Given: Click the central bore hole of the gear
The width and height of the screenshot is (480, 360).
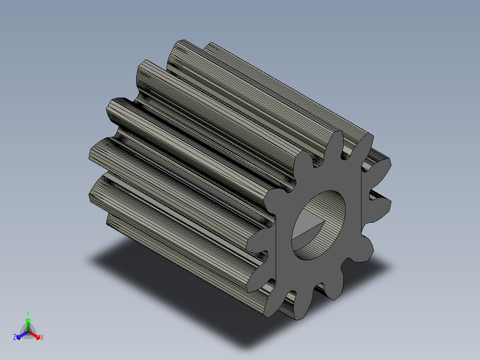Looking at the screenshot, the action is tap(318, 225).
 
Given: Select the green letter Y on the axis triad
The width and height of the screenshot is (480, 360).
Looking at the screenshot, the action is tap(28, 313).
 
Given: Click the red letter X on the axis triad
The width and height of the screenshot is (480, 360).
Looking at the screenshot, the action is tap(42, 337).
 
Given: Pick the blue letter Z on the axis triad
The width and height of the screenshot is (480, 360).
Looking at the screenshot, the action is tap(15, 337).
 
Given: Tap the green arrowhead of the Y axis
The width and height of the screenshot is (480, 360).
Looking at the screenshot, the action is tap(28, 320).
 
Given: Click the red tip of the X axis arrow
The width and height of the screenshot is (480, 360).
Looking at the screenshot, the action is tap(38, 337).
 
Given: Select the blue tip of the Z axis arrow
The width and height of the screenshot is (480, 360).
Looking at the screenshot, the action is tap(19, 337).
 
